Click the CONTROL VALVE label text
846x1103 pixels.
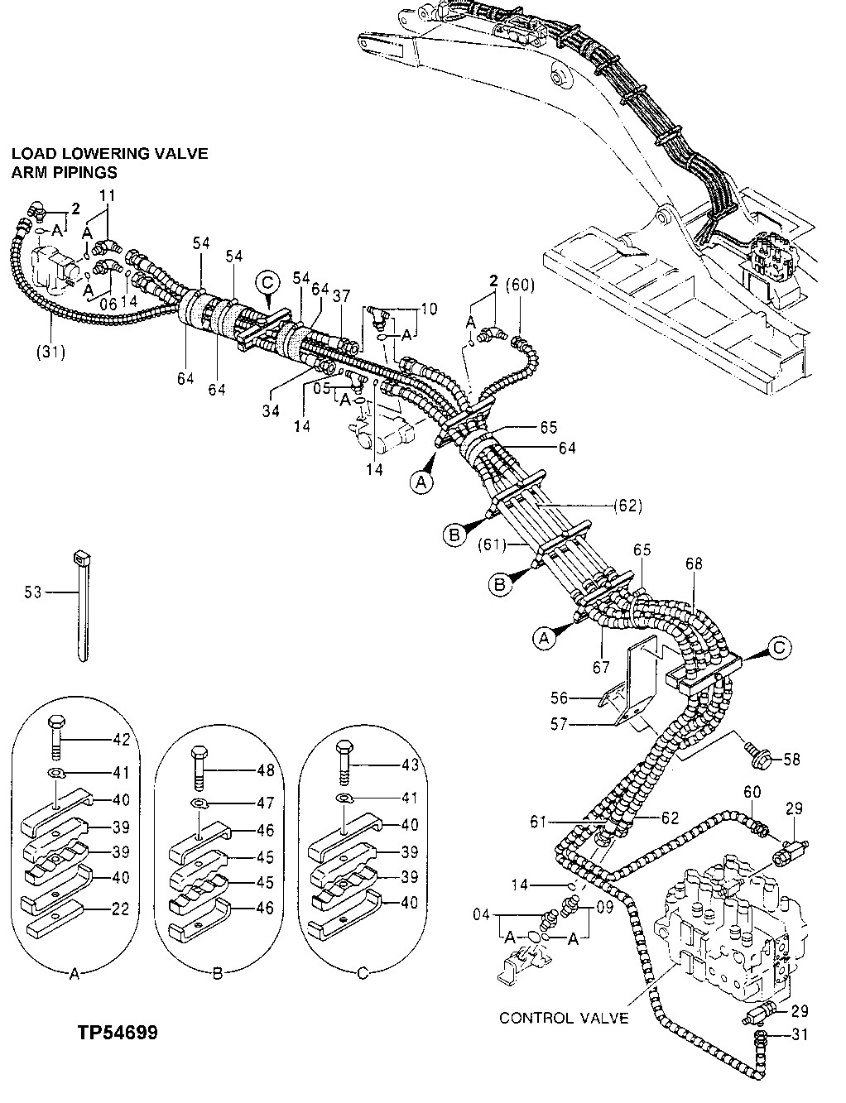click(x=564, y=1017)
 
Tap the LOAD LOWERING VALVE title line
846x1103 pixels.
click(x=109, y=154)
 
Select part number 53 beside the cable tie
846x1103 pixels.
click(x=34, y=592)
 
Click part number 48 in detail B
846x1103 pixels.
click(x=265, y=769)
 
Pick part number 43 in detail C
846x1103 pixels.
click(x=409, y=765)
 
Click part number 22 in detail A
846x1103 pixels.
click(x=121, y=909)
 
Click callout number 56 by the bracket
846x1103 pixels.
click(x=584, y=697)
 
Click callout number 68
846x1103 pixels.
click(x=694, y=564)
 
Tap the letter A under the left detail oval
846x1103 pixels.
click(x=74, y=975)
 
